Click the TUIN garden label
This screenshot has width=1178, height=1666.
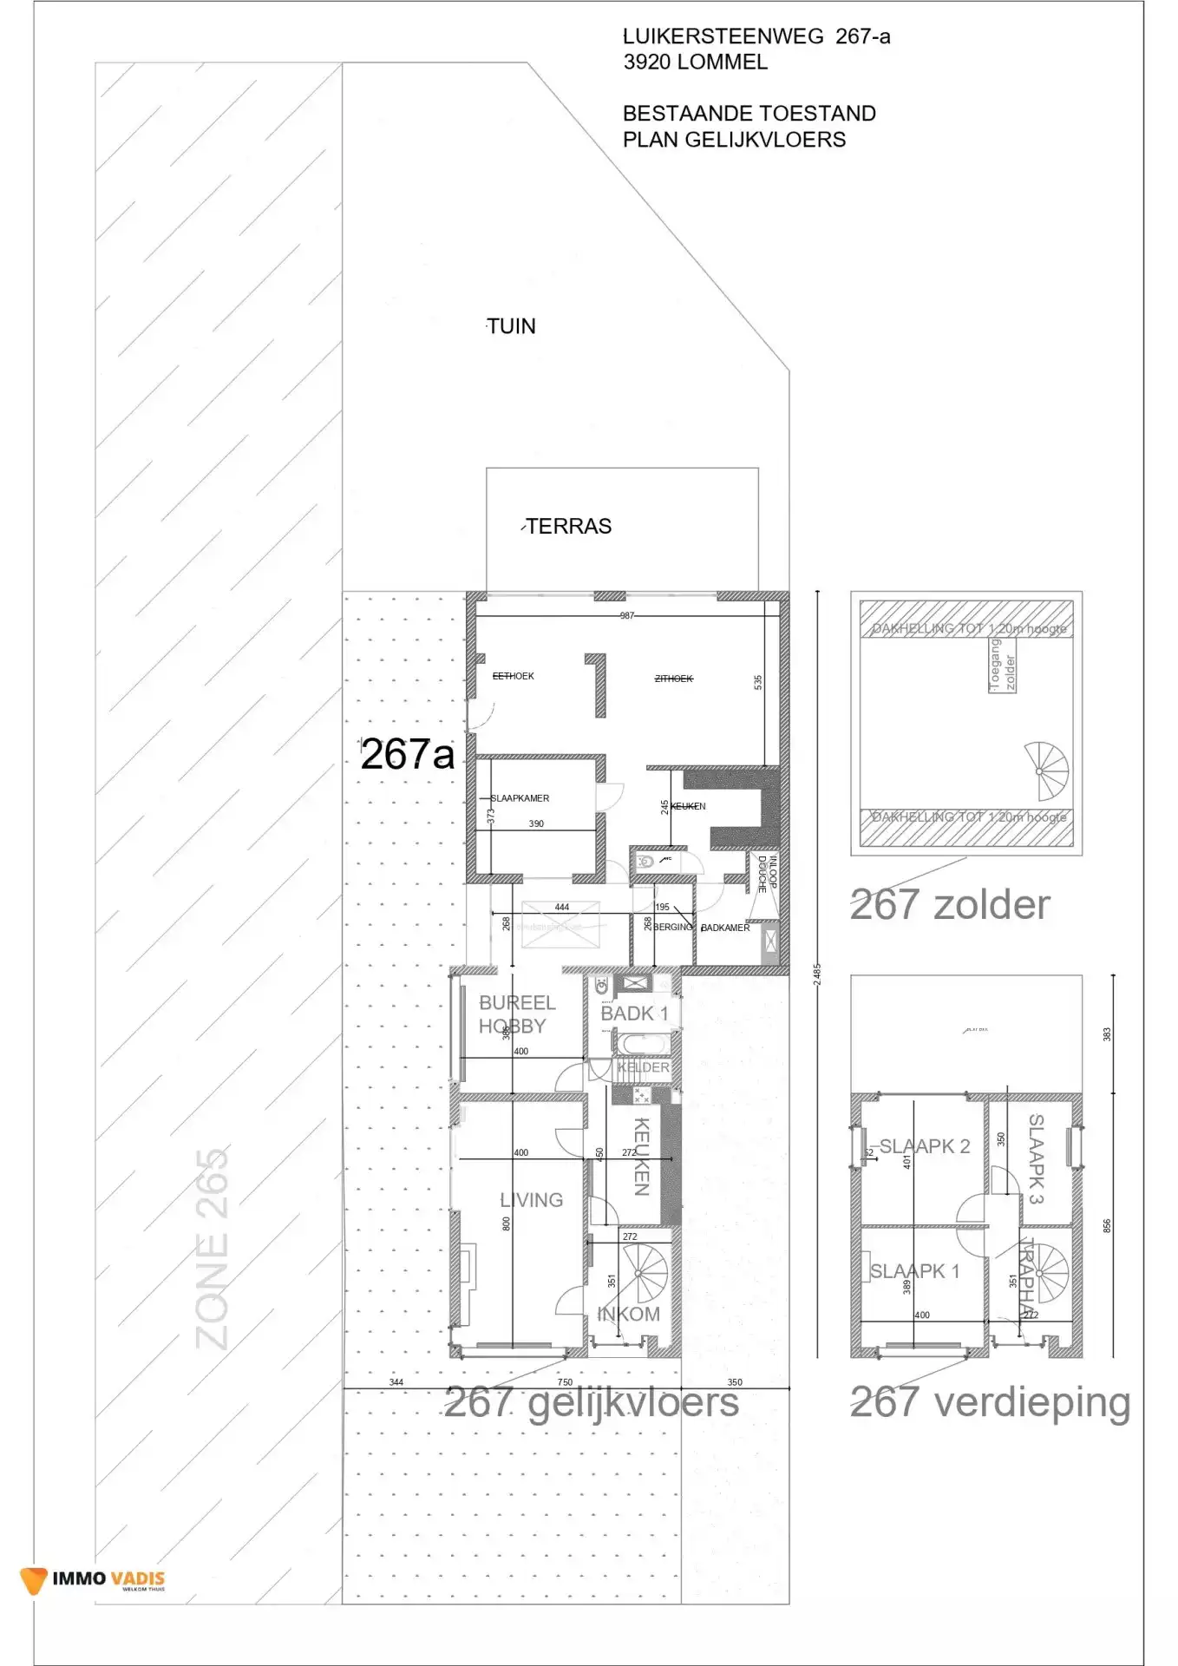tap(511, 326)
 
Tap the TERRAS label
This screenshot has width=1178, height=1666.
tap(568, 527)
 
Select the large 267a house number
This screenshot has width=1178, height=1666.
tap(407, 754)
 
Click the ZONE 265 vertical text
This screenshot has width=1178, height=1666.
tap(213, 1249)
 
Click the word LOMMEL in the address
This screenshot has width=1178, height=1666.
tap(722, 62)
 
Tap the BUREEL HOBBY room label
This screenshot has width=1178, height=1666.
tap(516, 1014)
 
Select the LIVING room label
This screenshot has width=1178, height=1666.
tap(531, 1200)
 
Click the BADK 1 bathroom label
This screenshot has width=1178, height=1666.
tap(634, 1013)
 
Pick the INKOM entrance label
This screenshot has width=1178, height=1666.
tap(629, 1315)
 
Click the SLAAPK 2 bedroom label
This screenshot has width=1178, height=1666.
tap(925, 1146)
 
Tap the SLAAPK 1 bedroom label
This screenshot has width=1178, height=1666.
tap(914, 1271)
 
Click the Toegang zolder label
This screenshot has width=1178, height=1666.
tap(1002, 666)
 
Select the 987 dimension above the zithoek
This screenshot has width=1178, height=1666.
tap(627, 615)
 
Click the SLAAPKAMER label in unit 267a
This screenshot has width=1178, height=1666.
tap(520, 798)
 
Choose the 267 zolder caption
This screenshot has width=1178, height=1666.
tap(950, 905)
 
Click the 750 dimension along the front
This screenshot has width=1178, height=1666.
tap(565, 1382)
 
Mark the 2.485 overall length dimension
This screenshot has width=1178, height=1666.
tap(817, 974)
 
